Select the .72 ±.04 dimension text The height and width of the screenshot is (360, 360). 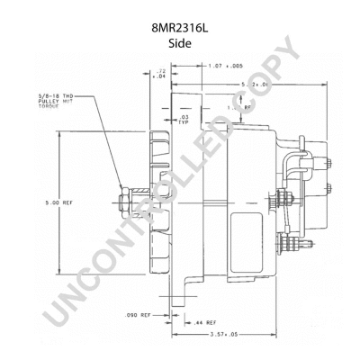point(161,73)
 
